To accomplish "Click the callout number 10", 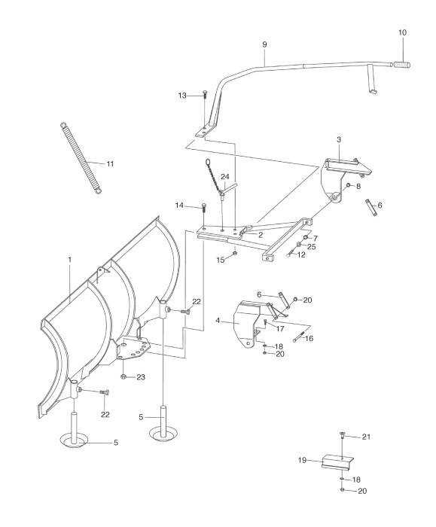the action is click(x=402, y=32).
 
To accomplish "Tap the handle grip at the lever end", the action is click(x=401, y=64).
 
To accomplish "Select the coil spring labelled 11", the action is click(x=81, y=158).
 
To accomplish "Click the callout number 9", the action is click(x=264, y=44).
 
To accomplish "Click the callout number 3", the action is click(x=339, y=139).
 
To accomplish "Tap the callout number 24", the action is click(x=225, y=177).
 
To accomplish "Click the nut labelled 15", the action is click(x=235, y=252).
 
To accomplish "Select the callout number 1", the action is click(x=70, y=260).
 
